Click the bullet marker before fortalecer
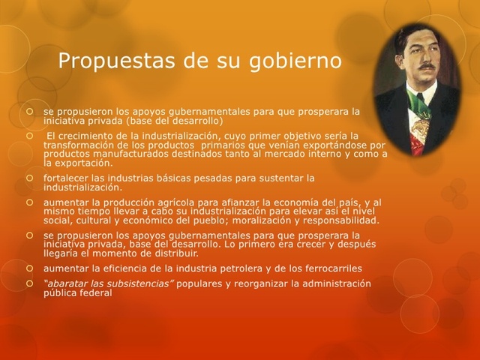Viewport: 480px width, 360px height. (x=31, y=178)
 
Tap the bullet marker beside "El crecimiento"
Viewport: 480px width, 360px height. (x=31, y=136)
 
